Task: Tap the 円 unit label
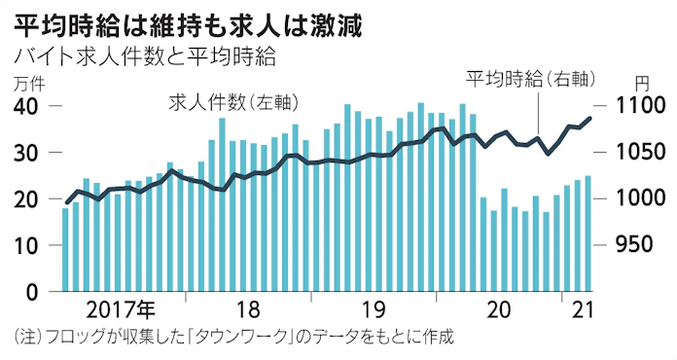[x=641, y=84]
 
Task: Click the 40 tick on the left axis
[x=28, y=106]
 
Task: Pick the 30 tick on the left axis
[x=28, y=153]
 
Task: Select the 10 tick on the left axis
[x=28, y=245]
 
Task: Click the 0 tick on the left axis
[x=34, y=292]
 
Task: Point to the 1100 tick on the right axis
[x=638, y=106]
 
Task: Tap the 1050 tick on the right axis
[x=638, y=153]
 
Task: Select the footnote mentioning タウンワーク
[x=235, y=339]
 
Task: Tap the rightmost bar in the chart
[x=588, y=234]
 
